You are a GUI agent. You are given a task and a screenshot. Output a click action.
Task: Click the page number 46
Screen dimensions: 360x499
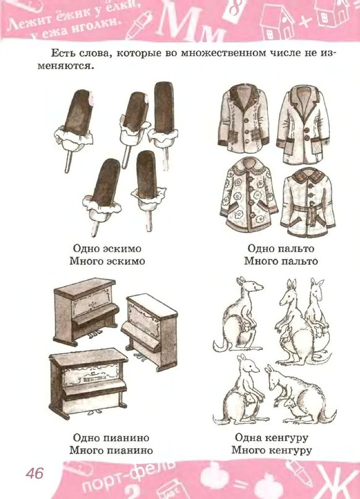click(35, 473)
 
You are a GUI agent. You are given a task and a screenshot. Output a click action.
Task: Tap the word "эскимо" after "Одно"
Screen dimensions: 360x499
click(123, 248)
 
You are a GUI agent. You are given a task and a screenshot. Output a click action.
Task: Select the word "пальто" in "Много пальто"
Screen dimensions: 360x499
click(299, 262)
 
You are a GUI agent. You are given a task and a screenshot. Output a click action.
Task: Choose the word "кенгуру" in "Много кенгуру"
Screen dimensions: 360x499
click(290, 450)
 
